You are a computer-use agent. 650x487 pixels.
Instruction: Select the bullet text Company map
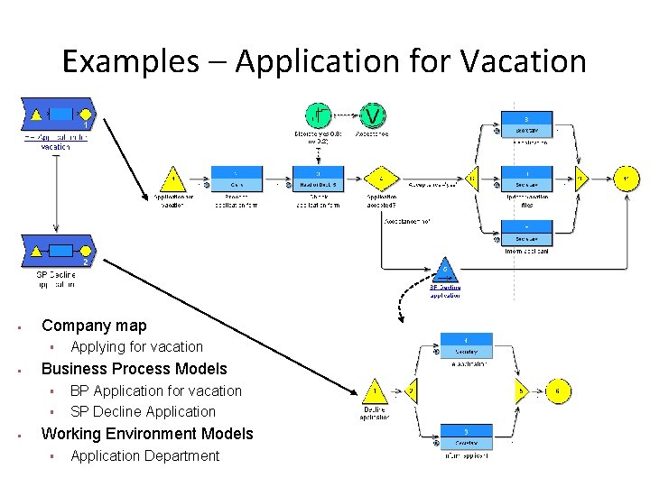pos(94,326)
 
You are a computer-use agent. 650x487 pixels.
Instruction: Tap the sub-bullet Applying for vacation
pos(136,346)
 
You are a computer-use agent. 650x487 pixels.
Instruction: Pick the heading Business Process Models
pos(134,368)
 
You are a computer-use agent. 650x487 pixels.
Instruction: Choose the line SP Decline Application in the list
pos(143,411)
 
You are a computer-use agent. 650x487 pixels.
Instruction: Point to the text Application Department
pos(144,455)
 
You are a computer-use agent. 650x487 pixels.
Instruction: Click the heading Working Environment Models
pos(147,434)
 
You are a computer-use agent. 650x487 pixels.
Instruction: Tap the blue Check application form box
pos(317,179)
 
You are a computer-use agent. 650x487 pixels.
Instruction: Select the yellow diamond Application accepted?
pos(382,179)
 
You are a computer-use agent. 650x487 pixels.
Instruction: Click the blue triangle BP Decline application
pos(444,271)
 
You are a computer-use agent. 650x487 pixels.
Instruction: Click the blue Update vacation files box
pos(526,179)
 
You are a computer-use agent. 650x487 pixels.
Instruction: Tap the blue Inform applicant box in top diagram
pos(526,232)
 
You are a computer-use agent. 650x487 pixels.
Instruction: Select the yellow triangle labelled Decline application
pos(374,391)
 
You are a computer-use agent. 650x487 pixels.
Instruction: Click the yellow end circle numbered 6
pos(558,391)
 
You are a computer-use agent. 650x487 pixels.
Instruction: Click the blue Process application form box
pos(237,179)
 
